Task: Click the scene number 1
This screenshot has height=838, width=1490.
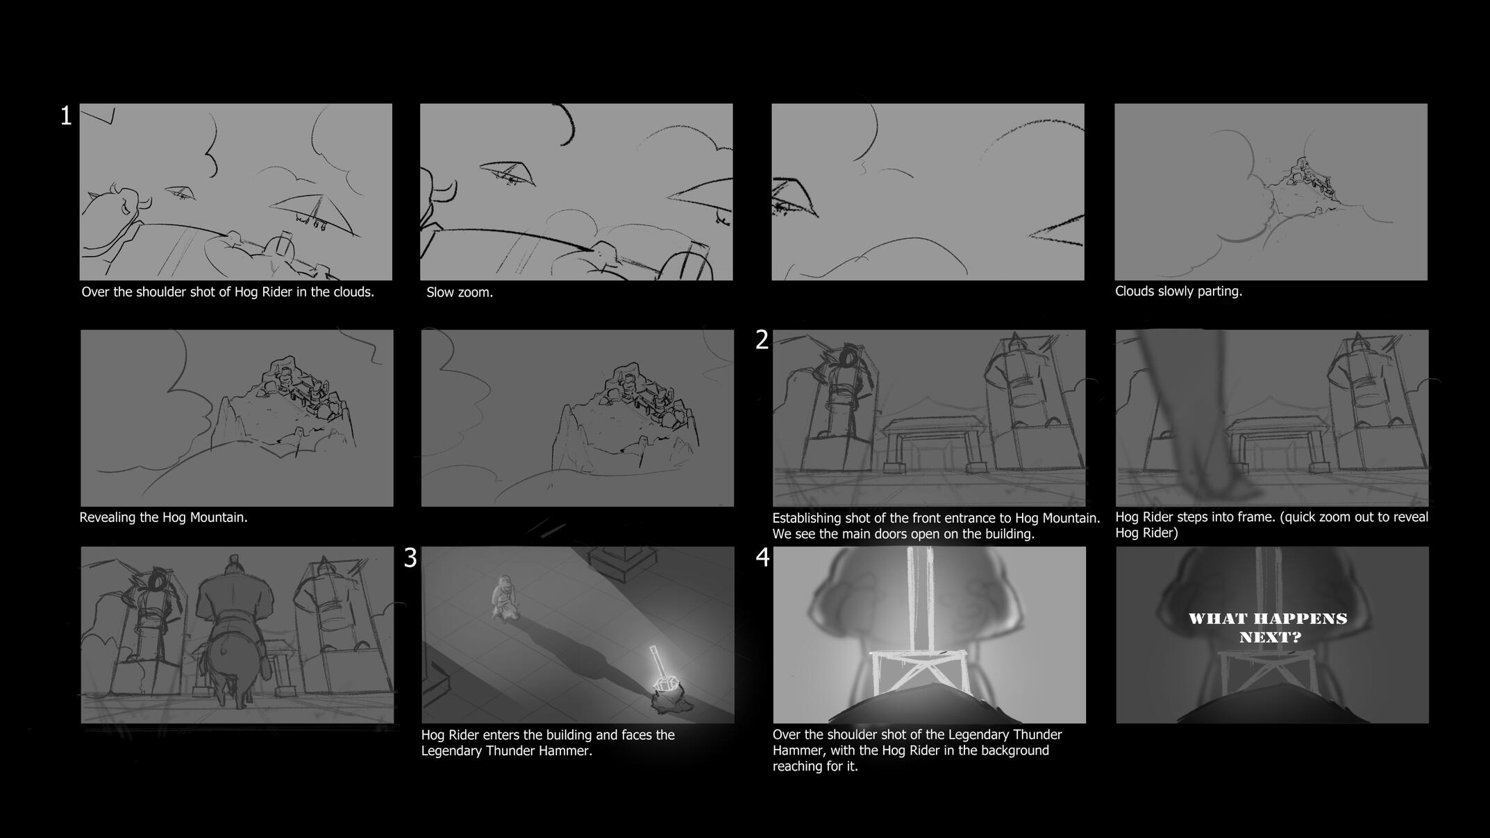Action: tap(66, 116)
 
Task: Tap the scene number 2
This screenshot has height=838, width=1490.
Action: tap(762, 340)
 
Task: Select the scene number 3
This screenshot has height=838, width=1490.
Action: tap(410, 558)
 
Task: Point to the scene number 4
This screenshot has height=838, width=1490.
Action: tap(762, 558)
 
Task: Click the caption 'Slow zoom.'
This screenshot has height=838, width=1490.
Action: tap(460, 292)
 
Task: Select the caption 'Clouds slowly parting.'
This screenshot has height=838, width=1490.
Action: tap(1178, 292)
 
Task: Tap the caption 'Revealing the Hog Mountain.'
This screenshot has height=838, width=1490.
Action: tap(163, 517)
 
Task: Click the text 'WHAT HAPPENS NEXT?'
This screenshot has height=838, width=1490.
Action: tap(1268, 628)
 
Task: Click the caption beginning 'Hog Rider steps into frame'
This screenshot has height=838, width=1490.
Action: tap(1271, 525)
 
